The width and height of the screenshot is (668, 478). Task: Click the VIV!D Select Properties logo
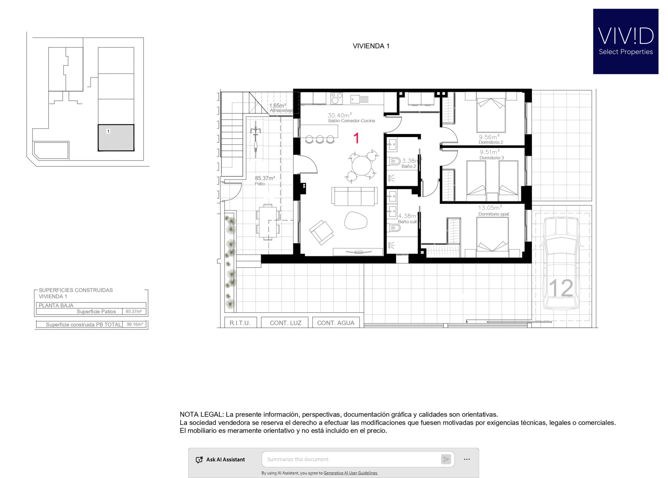coord(625,41)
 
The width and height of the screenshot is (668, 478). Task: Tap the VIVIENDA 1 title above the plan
coord(371,46)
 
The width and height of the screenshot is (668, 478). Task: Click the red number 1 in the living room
coord(356,138)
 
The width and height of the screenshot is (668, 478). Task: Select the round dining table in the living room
coord(361,166)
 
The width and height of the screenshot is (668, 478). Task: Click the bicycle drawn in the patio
coord(255,139)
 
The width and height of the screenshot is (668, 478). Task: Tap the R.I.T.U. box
coord(240,323)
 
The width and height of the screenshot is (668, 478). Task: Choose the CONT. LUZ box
coord(285,323)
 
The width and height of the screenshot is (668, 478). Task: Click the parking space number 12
coord(561,288)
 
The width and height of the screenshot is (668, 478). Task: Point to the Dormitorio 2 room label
coord(491,143)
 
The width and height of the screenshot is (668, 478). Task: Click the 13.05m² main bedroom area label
coord(490,208)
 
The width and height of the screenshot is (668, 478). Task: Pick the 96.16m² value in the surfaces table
coord(135,324)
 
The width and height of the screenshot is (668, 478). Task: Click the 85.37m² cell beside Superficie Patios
coord(134,311)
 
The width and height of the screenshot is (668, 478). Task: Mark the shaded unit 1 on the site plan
coord(116,138)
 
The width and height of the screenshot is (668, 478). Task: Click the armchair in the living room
coord(321,233)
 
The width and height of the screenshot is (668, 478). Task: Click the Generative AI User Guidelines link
coord(351,473)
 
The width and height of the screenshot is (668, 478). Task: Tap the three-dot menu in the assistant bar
coord(467,459)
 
